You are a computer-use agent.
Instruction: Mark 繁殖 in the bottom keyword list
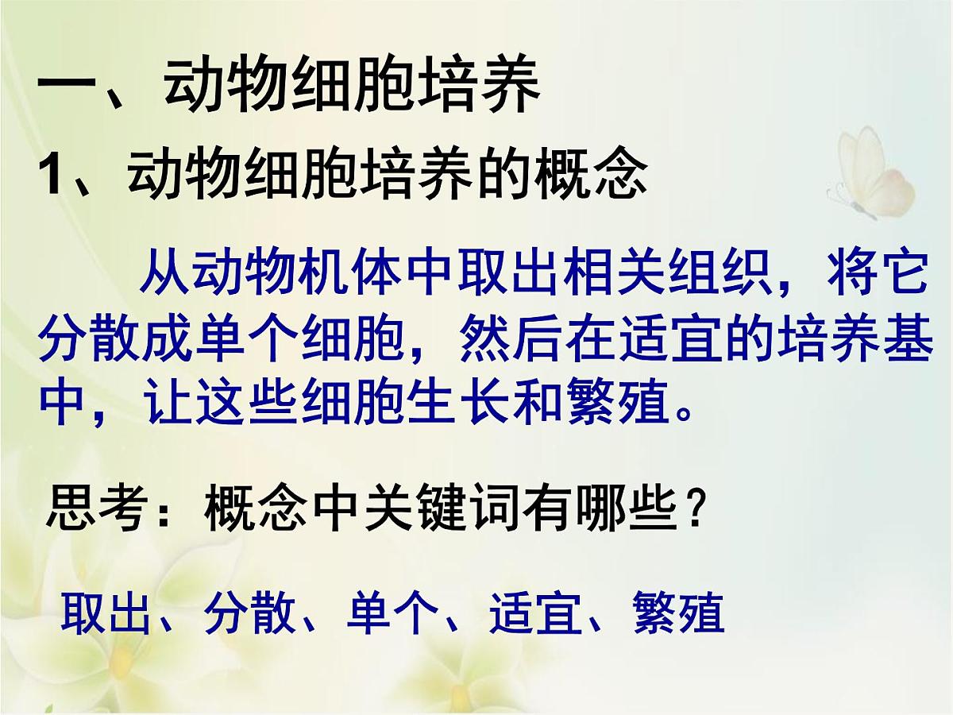pyautogui.click(x=679, y=613)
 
